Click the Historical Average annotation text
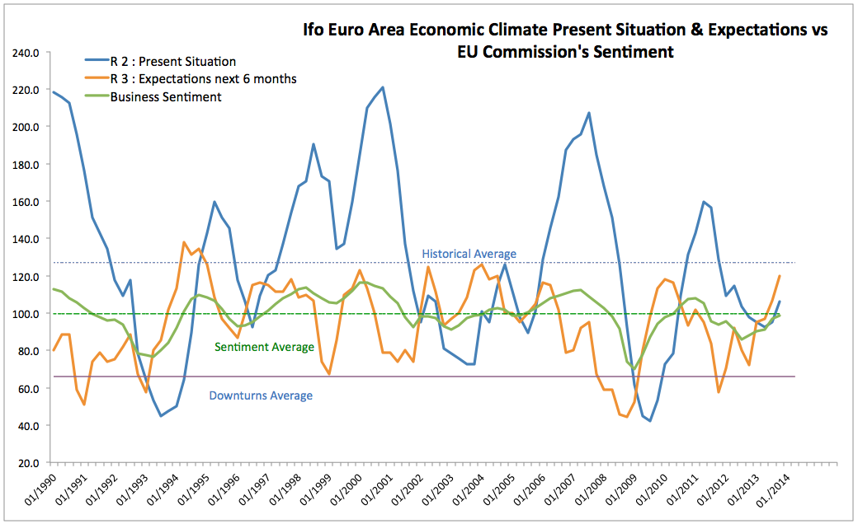coord(469,254)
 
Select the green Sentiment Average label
coord(264,347)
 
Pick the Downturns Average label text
coord(261,395)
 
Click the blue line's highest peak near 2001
coord(382,87)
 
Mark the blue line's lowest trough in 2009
coord(650,421)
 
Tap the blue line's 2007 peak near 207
coord(589,113)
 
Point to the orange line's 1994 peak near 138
coord(183,242)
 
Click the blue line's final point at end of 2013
coord(779,302)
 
